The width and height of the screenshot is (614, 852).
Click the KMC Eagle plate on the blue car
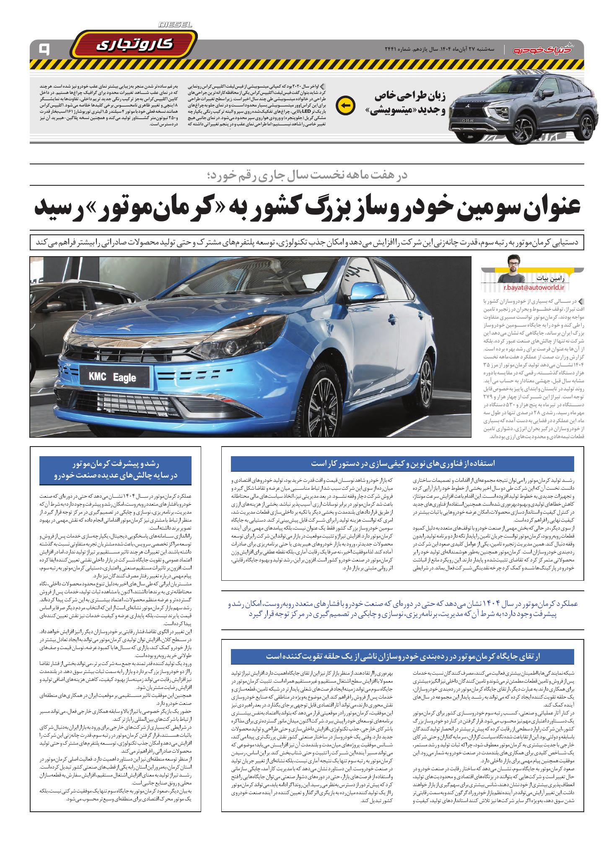click(112, 377)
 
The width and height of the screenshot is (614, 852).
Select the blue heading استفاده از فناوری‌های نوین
click(403, 464)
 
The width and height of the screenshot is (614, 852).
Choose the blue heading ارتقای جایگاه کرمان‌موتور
click(403, 655)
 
